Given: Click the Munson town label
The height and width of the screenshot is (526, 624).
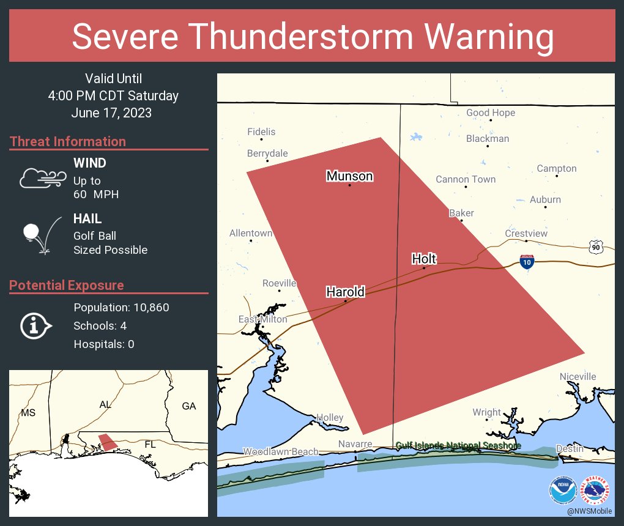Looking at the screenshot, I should point(349,176).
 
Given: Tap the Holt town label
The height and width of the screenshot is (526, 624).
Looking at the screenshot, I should point(424,259).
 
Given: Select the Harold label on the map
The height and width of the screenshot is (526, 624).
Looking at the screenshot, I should point(345,292).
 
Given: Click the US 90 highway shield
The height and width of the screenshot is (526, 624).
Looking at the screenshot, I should point(596,246).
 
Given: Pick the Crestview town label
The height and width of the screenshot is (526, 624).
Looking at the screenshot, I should point(526,234).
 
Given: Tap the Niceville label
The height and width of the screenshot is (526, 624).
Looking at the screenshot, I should point(578,377).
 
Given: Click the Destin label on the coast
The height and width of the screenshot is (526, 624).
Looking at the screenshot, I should point(569,448).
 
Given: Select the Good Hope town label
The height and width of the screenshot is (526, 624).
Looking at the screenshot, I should point(491,113).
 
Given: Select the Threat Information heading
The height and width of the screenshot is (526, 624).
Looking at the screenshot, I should point(67,141).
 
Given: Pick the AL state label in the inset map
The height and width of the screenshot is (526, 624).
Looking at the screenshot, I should point(105,405).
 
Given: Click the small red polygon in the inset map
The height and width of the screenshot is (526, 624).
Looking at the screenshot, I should point(108,442).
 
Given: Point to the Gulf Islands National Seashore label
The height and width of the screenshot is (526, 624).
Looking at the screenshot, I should point(458,445).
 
